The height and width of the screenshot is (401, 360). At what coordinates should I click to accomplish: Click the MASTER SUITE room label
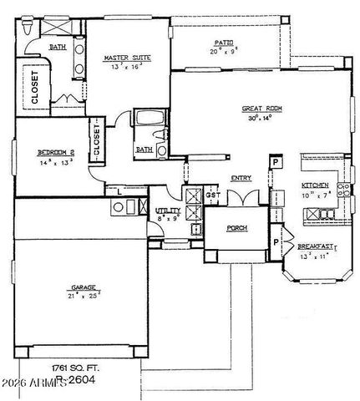tap(128, 58)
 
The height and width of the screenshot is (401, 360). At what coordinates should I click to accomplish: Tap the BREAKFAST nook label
tap(316, 246)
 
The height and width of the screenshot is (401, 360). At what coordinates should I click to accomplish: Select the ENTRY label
tap(242, 178)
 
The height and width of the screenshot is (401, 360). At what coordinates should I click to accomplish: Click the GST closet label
tap(212, 195)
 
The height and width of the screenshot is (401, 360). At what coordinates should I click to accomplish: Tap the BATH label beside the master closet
tap(58, 48)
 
